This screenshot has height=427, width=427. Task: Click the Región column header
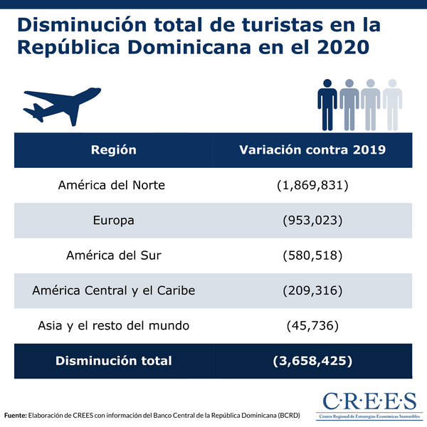[114, 150]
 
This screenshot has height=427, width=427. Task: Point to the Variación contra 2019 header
[312, 150]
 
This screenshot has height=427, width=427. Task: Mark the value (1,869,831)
[312, 186]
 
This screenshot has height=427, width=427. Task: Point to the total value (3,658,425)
[312, 361]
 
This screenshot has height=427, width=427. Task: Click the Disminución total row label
[114, 361]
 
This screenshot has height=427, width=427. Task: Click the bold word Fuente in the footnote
[16, 415]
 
